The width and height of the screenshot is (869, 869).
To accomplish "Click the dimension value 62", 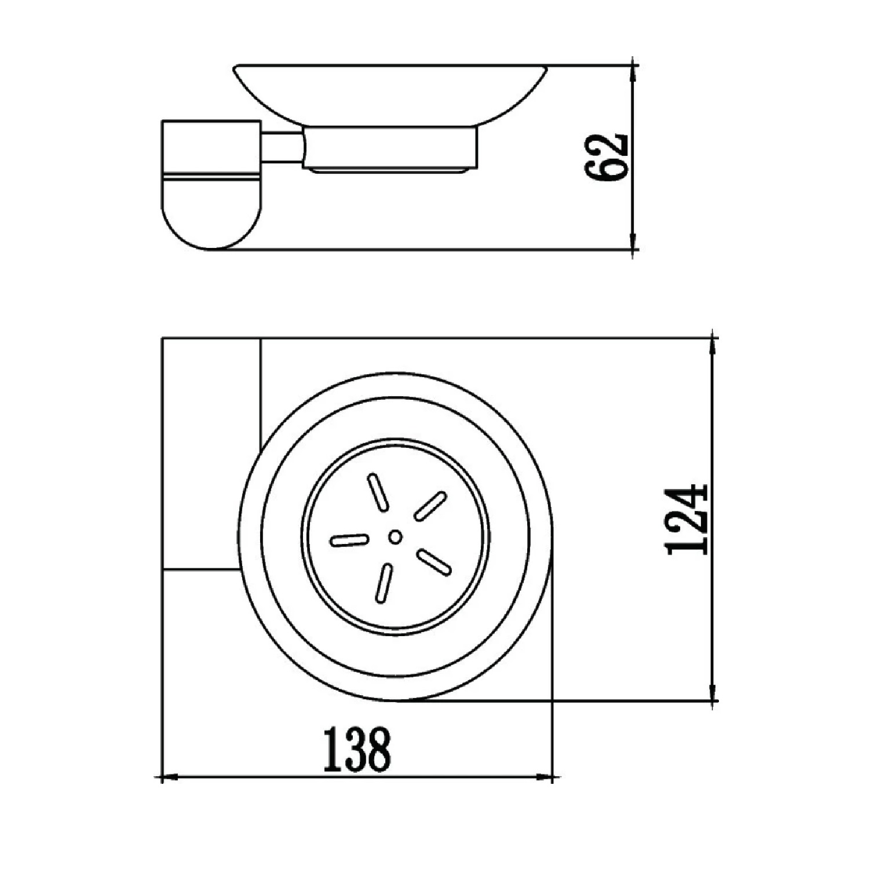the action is pyautogui.click(x=607, y=157).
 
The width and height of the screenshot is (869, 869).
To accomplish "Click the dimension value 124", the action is pyautogui.click(x=688, y=519).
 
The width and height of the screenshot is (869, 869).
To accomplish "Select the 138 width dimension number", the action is pyautogui.click(x=357, y=750).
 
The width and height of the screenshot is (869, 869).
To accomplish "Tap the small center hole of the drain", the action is pyautogui.click(x=396, y=537).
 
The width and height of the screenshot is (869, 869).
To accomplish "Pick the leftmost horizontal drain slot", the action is pyautogui.click(x=349, y=541).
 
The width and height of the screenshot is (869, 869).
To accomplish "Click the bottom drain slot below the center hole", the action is pyautogui.click(x=384, y=583).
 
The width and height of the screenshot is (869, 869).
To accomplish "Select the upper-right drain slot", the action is pyautogui.click(x=430, y=505).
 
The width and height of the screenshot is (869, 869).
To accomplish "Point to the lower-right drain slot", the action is pyautogui.click(x=434, y=562).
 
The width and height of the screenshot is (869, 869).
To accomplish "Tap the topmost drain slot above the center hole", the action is pyautogui.click(x=377, y=492).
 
